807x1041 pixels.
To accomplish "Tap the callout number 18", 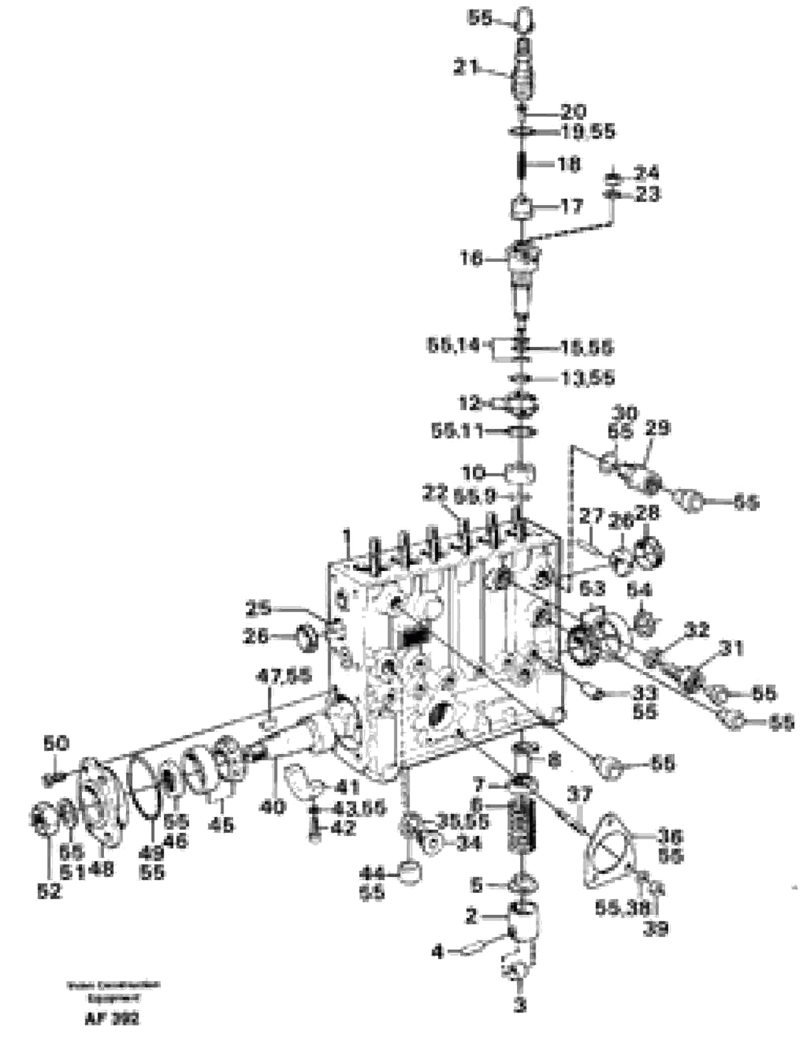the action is (x=569, y=164).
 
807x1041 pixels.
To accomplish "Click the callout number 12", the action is (x=470, y=403).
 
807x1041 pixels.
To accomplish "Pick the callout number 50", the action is (x=56, y=742).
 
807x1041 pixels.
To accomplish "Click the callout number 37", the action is (x=581, y=795).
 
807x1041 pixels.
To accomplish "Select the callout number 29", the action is (x=658, y=429).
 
